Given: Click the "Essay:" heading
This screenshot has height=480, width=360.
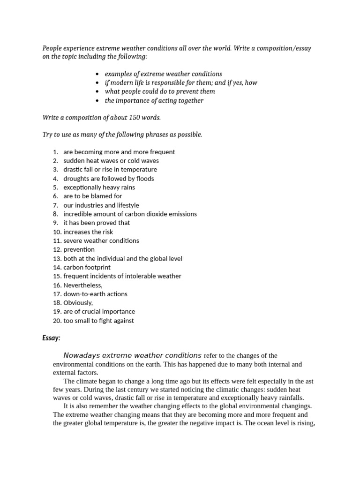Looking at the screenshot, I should click(x=51, y=338).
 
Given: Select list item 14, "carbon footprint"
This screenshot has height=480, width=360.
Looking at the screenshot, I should click(x=87, y=267).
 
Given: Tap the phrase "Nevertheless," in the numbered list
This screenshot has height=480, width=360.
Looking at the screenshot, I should click(x=82, y=285).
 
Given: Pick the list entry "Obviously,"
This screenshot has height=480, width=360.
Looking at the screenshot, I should click(x=78, y=303).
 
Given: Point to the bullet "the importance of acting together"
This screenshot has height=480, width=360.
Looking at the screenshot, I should click(x=154, y=100).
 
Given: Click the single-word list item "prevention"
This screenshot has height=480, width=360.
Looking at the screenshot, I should click(x=79, y=249).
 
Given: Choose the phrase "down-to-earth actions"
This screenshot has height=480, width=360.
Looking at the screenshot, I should click(x=95, y=294).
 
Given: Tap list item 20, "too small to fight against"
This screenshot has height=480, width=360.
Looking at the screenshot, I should click(x=98, y=321).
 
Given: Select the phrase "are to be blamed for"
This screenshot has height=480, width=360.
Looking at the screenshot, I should click(x=92, y=196).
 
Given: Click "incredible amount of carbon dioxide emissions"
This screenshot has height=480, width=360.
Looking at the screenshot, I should click(x=130, y=214).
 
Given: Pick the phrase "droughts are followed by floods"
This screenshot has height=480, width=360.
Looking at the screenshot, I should click(x=108, y=178).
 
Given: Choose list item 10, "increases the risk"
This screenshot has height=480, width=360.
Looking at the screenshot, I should click(x=88, y=232).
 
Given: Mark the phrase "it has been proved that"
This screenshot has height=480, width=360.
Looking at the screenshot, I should click(x=97, y=223).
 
